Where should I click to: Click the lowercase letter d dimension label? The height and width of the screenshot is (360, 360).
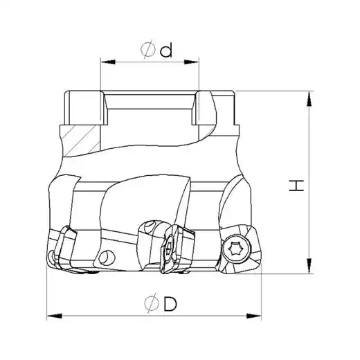coord(166,51)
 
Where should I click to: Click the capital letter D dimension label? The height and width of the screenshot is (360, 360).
coord(170,304)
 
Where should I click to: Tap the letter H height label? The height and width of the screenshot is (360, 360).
coord(296,186)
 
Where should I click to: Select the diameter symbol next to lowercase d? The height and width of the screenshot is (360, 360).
coord(148,49)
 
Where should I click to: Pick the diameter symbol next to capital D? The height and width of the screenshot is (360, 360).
coord(152,303)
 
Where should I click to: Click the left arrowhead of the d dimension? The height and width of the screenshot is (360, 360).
coord(108,62)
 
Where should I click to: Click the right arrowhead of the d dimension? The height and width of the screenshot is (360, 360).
coord(191,62)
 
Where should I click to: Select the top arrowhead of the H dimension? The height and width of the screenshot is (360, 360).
coord(309,99)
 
